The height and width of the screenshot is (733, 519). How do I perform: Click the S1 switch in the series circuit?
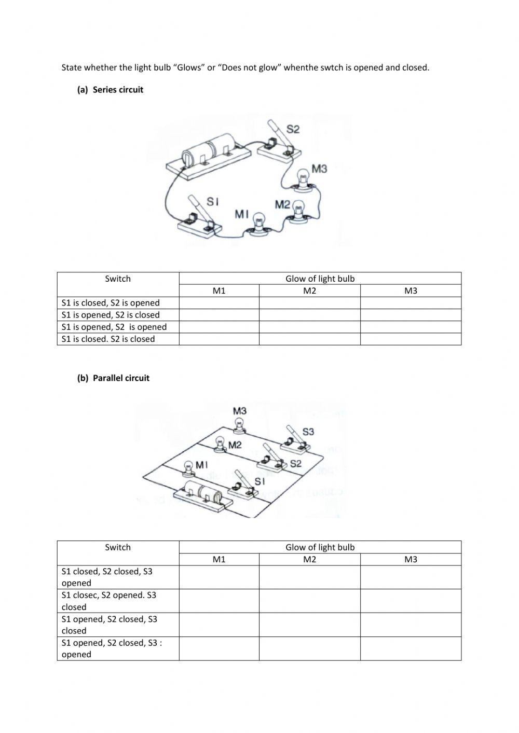(200, 218)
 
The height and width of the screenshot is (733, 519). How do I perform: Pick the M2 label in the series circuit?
(282, 204)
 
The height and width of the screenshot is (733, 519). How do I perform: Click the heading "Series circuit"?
(118, 90)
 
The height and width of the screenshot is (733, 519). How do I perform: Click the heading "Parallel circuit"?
(121, 378)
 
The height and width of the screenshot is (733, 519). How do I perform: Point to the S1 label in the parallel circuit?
(259, 481)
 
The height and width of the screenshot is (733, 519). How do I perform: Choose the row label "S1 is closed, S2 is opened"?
(111, 303)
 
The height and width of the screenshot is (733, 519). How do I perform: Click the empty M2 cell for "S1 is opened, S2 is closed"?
(309, 315)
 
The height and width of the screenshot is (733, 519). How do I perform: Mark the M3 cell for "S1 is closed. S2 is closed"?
(411, 339)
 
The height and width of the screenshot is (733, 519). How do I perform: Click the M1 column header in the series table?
(219, 291)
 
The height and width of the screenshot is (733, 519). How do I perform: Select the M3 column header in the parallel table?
(411, 560)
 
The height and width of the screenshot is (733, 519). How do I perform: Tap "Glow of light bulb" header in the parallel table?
(320, 547)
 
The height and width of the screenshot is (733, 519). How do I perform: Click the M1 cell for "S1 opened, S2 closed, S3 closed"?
(219, 625)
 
